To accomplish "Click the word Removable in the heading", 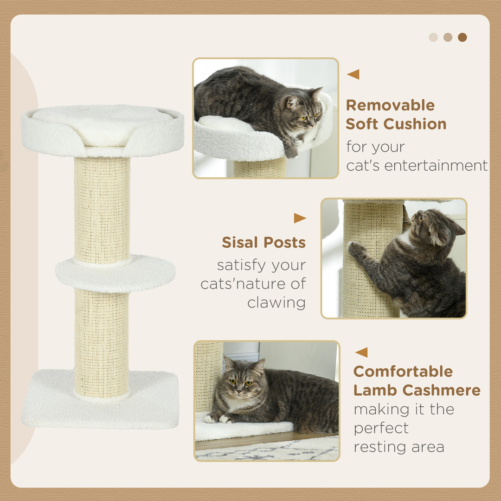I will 390,105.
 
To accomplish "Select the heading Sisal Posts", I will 263,242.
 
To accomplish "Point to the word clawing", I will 276,302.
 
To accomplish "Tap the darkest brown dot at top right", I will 462,37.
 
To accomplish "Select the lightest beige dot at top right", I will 433,37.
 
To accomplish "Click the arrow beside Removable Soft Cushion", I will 353,74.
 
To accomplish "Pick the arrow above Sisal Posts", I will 300,218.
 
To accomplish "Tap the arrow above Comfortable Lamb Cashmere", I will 361,352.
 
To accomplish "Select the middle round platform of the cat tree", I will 116,274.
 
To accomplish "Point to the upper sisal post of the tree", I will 102,209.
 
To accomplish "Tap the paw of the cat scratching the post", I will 356,249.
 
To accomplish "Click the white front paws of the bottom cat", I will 218,418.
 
